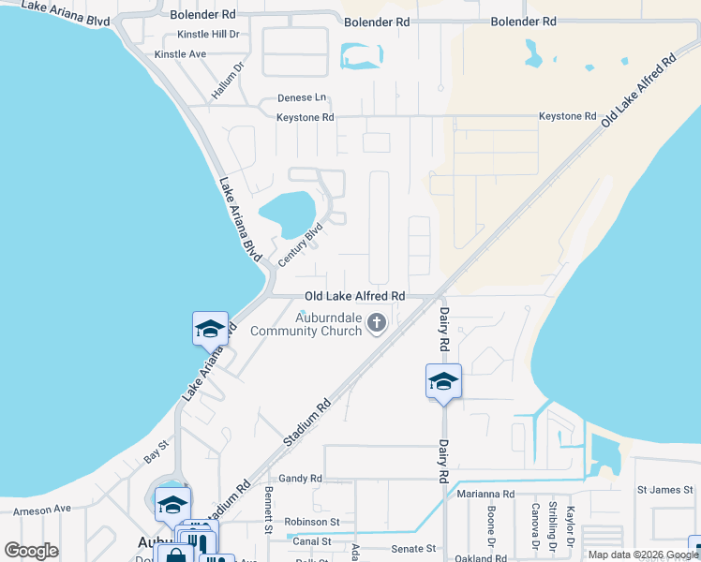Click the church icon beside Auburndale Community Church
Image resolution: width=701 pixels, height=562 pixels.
[376, 324]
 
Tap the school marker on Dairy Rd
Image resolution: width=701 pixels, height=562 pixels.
[443, 381]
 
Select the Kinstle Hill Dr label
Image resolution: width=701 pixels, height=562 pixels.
[208, 35]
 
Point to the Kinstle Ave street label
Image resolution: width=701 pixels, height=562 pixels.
[180, 54]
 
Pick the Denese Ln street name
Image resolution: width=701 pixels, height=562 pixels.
[302, 97]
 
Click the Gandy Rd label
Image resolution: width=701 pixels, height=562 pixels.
[300, 478]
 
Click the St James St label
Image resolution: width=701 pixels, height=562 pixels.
[664, 490]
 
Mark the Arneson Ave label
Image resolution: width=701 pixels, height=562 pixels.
[41, 509]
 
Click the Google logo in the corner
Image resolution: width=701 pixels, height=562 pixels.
[32, 551]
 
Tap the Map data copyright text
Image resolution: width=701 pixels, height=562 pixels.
[643, 555]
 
